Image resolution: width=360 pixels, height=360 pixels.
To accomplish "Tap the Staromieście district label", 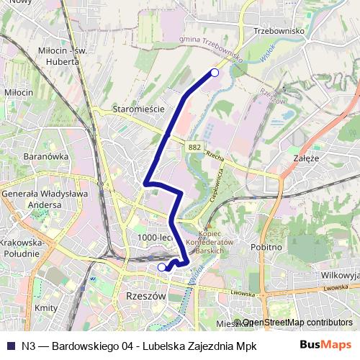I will [140, 109].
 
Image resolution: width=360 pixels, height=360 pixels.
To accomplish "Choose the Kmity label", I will [45, 307].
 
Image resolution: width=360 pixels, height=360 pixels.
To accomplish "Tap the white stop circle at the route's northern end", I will [214, 72].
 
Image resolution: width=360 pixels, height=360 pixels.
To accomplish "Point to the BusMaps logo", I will [325, 344].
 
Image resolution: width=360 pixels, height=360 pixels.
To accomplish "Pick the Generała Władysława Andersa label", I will [45, 199].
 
